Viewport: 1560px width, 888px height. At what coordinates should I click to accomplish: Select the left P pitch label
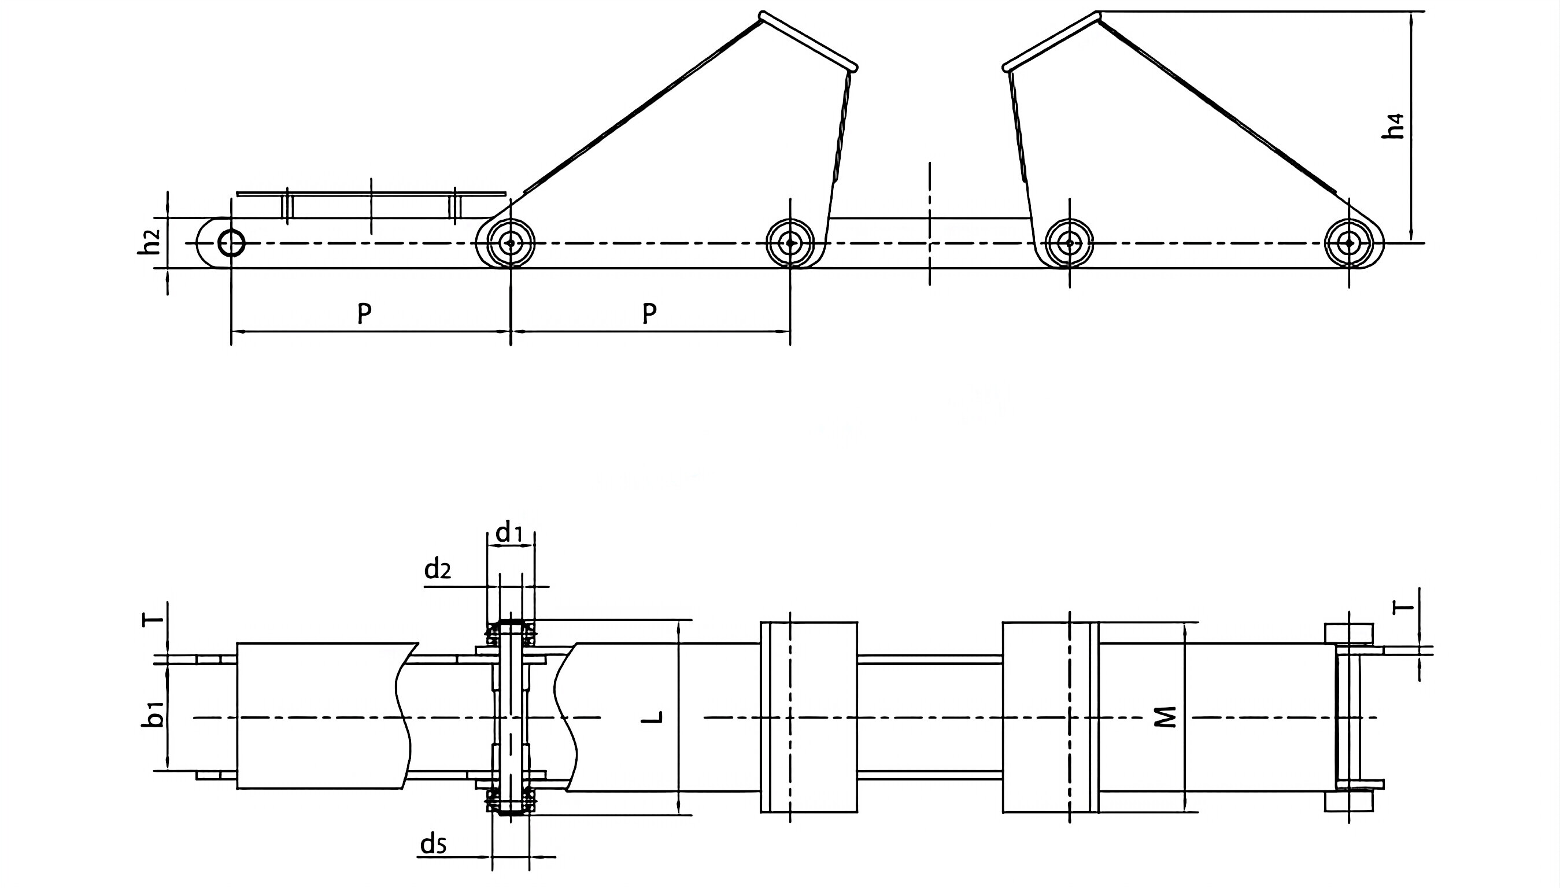click(364, 313)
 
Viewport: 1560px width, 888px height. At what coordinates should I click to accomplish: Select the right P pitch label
click(650, 313)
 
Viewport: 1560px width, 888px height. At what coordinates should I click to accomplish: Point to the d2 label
click(438, 569)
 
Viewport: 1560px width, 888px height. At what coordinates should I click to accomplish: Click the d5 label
click(434, 845)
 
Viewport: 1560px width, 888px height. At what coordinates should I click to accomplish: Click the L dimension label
click(653, 717)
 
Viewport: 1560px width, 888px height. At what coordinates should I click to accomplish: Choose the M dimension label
click(1166, 717)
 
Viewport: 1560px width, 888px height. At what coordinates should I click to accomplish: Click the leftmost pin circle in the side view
click(231, 243)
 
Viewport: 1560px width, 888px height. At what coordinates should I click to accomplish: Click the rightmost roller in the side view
click(1348, 243)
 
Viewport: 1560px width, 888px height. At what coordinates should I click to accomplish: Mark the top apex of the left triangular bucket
click(762, 14)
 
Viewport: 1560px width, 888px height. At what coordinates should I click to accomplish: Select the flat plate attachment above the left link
click(371, 194)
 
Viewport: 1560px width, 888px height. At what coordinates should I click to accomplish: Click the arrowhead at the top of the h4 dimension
click(1412, 18)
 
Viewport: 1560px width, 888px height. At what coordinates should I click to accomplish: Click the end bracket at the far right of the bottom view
click(1348, 718)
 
